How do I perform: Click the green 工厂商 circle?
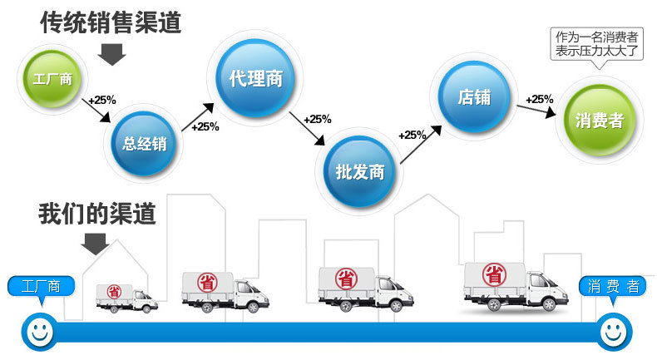pyautogui.click(x=52, y=81)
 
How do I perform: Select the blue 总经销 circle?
pyautogui.click(x=145, y=142)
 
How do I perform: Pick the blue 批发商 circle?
pyautogui.click(x=360, y=172)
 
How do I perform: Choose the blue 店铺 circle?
pyautogui.click(x=474, y=97)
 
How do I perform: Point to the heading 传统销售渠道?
pyautogui.click(x=111, y=21)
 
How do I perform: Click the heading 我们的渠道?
pyautogui.click(x=97, y=214)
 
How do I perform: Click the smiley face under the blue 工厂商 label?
pyautogui.click(x=37, y=331)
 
